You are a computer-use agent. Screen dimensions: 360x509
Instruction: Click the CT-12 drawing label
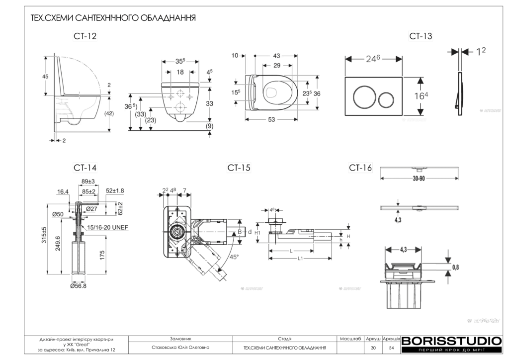(85, 36)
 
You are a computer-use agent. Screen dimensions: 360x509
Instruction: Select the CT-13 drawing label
(421, 36)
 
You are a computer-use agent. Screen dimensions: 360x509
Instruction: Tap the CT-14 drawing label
(85, 168)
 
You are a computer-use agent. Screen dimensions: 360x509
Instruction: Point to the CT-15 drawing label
(239, 168)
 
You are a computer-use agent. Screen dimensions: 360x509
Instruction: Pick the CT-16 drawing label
(360, 168)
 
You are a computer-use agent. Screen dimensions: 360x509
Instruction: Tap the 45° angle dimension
(234, 257)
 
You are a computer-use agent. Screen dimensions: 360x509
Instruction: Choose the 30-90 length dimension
(419, 178)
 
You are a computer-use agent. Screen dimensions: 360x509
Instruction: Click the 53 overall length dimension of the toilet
(271, 120)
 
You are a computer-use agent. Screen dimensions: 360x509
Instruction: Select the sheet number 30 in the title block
(373, 348)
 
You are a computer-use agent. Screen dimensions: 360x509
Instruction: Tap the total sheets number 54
(392, 348)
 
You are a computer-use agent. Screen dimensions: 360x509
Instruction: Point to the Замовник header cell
(180, 338)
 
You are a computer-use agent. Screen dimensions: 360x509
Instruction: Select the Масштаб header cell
(350, 338)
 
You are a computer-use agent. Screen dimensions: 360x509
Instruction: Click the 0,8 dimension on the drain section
(455, 267)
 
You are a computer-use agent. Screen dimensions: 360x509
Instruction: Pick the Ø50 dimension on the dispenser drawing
(59, 214)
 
